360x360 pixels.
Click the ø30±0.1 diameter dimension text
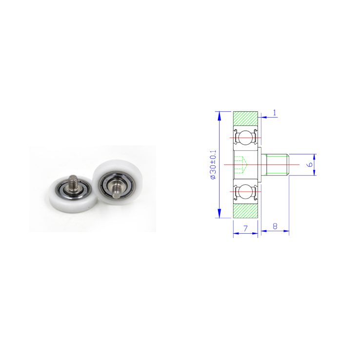(x=213, y=164)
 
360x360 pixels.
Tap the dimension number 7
(x=245, y=228)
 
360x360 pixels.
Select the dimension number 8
(x=275, y=226)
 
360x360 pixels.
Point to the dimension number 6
(x=310, y=164)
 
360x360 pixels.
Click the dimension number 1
(x=274, y=113)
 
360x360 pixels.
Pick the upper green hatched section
(x=245, y=119)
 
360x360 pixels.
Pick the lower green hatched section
(x=245, y=211)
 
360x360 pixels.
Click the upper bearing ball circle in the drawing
(x=245, y=138)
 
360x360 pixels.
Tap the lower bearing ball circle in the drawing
(x=245, y=192)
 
